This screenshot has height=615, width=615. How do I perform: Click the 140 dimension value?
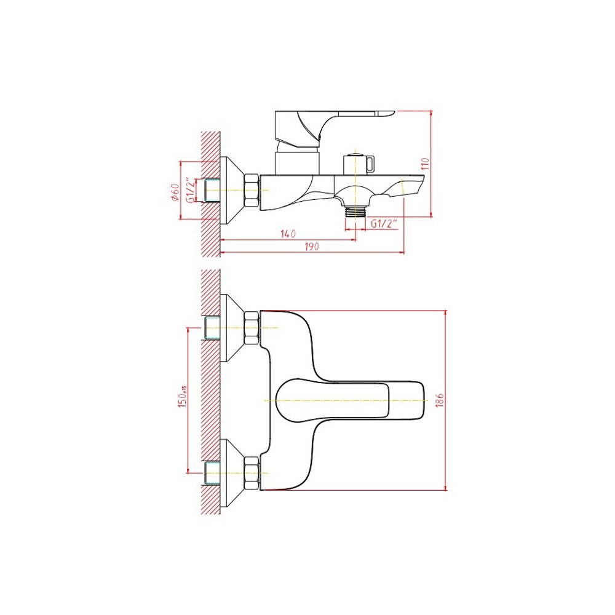[x=288, y=234]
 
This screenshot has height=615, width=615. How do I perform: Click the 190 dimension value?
[x=311, y=247]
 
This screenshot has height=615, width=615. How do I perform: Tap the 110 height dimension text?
[x=426, y=164]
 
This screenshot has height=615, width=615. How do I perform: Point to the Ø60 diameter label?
[x=176, y=192]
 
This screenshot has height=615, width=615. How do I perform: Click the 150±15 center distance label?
[x=183, y=397]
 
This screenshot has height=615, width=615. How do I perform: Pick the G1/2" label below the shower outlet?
[x=384, y=224]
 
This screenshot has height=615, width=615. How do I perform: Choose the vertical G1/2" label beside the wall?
[x=191, y=190]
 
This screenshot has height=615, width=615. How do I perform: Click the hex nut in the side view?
[x=252, y=191]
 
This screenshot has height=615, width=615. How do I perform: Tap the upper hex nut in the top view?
[x=252, y=328]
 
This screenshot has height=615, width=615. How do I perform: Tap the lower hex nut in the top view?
[x=252, y=472]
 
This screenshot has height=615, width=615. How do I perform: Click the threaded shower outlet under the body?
[x=355, y=212]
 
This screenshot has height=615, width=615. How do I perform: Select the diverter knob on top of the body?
[x=359, y=164]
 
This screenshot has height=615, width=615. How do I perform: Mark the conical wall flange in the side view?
[x=231, y=191]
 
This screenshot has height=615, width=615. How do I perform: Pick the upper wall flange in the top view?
[x=231, y=328]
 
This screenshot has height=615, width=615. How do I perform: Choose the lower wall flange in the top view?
[x=231, y=472]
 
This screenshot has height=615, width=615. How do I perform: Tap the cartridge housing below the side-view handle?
[x=297, y=160]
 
